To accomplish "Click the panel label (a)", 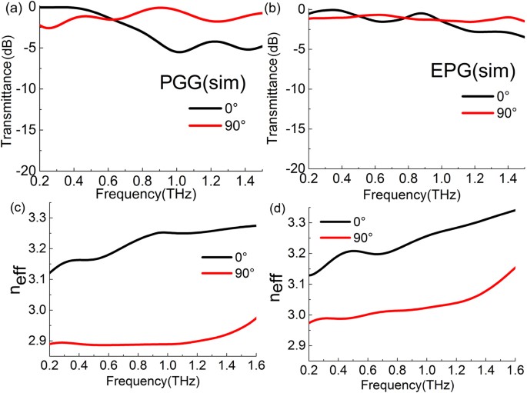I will click(11, 8).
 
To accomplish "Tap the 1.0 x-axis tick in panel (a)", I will click(178, 178).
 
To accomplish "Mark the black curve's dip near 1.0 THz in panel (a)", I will click(178, 52).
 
